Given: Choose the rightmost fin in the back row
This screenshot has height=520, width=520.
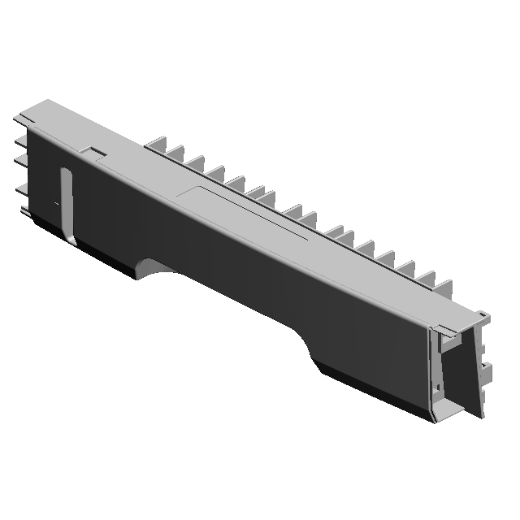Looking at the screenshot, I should coord(445,288).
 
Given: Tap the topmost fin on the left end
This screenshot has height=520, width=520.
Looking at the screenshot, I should coord(20,123).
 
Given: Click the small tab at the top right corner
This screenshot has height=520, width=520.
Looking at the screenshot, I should coord(482,314).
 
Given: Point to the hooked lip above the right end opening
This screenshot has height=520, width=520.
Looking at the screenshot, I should coord(444,331).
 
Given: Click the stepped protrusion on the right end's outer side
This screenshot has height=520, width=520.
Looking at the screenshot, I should coord(485,374).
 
